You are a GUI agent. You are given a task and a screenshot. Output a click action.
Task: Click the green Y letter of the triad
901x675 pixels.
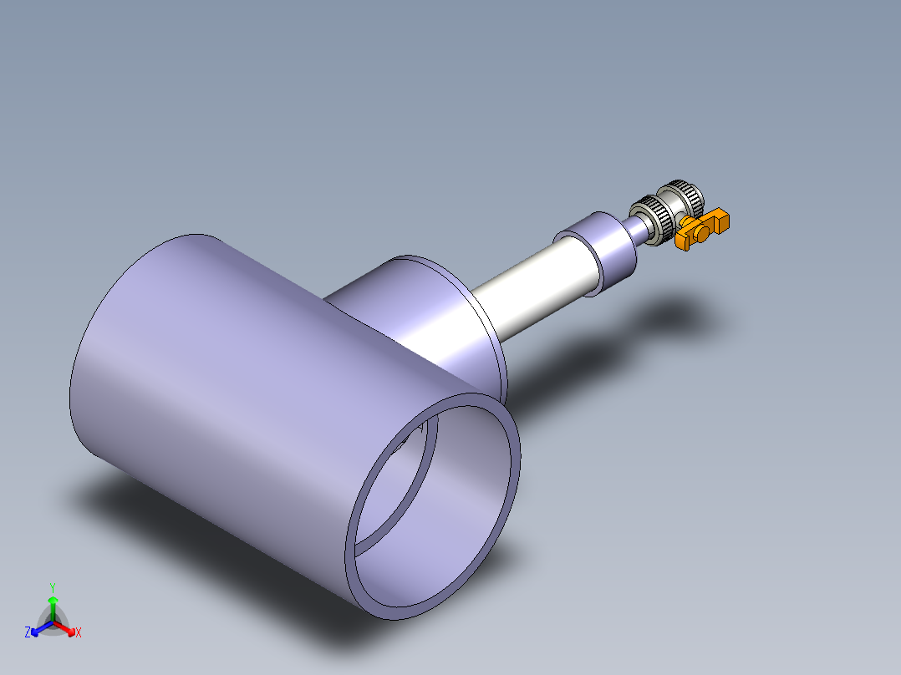click(52, 586)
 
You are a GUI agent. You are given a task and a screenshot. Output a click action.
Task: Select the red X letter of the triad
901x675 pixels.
click(79, 633)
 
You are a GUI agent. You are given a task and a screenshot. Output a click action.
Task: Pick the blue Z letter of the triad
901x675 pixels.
click(28, 633)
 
